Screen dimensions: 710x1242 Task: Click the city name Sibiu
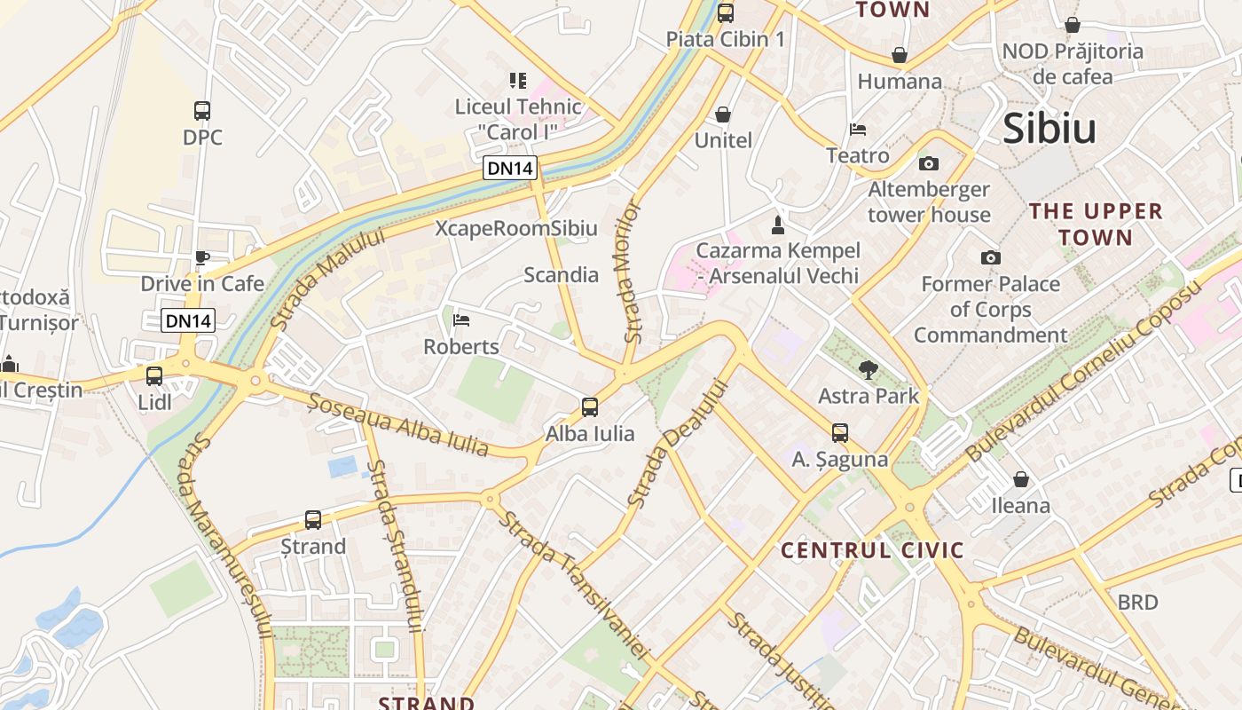[x=1049, y=129]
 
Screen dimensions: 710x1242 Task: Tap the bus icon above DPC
[x=202, y=111]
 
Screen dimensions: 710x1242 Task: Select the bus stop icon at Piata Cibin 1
[x=726, y=13]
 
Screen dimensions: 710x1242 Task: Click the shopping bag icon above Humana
[x=900, y=55]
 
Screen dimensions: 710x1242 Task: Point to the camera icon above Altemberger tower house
[x=929, y=163]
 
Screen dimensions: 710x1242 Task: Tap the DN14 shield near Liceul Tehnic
[x=511, y=168]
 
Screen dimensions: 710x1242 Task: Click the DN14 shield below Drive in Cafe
[x=188, y=320]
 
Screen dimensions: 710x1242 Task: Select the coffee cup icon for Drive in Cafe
[x=202, y=258]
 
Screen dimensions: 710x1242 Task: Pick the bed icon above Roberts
[x=461, y=320]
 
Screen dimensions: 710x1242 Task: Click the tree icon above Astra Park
[x=869, y=369]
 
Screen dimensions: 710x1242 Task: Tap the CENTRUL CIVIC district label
[x=872, y=550]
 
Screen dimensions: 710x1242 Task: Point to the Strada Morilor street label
[x=631, y=272]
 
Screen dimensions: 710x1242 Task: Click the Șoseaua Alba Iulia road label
[x=398, y=425]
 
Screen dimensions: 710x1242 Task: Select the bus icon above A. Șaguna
[x=839, y=433]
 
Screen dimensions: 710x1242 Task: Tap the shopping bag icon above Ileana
[x=1021, y=479]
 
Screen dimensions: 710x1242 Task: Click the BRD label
[x=1137, y=603]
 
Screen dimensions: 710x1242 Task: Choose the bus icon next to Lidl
[x=154, y=376]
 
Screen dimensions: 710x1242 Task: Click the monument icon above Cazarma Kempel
[x=778, y=225]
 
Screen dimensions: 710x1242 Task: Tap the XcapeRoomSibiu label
[x=516, y=228]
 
